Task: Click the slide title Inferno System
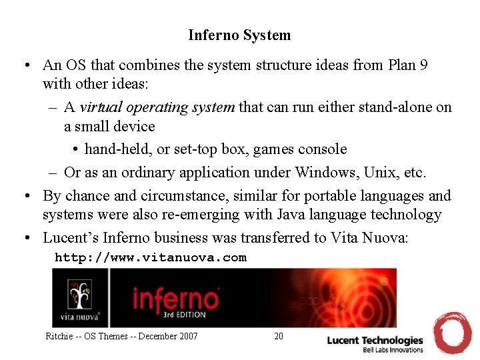239,35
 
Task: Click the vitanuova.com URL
151,257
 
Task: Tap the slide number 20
279,336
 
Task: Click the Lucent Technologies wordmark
375,341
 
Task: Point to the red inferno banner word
175,299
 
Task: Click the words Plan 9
411,65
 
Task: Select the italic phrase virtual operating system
157,107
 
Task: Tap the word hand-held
117,149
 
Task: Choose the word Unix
381,173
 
